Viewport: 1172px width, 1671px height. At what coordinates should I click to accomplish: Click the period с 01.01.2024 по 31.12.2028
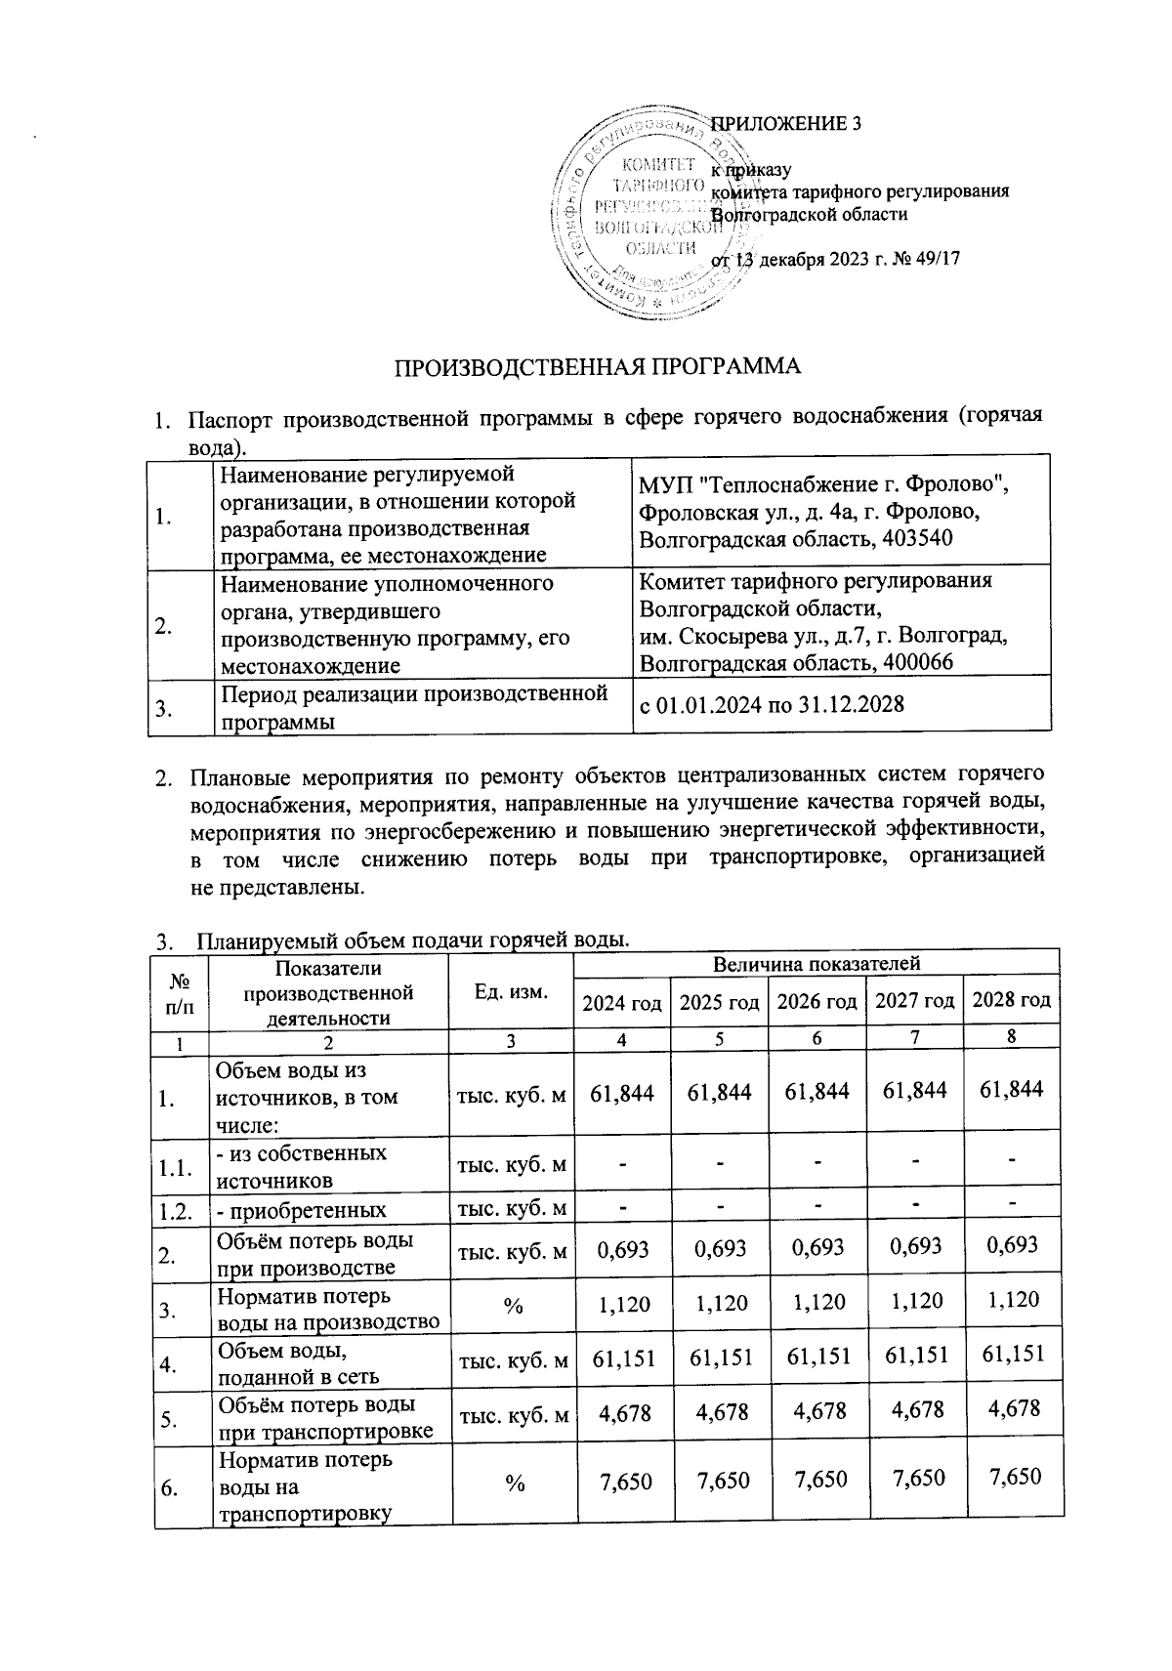click(x=771, y=704)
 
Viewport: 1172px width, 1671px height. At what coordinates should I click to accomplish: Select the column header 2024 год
click(x=622, y=1001)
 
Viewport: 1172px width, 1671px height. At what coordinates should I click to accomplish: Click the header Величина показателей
click(x=816, y=965)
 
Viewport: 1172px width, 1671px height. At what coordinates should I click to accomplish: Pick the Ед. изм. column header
click(x=511, y=991)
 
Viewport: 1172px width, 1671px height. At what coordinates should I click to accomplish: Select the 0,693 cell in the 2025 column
click(x=719, y=1247)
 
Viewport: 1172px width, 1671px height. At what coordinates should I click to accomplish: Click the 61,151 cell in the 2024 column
click(x=622, y=1356)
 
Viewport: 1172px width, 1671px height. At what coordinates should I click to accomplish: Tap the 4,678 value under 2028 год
click(x=1011, y=1408)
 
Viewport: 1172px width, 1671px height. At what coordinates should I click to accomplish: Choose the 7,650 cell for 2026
click(x=816, y=1481)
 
